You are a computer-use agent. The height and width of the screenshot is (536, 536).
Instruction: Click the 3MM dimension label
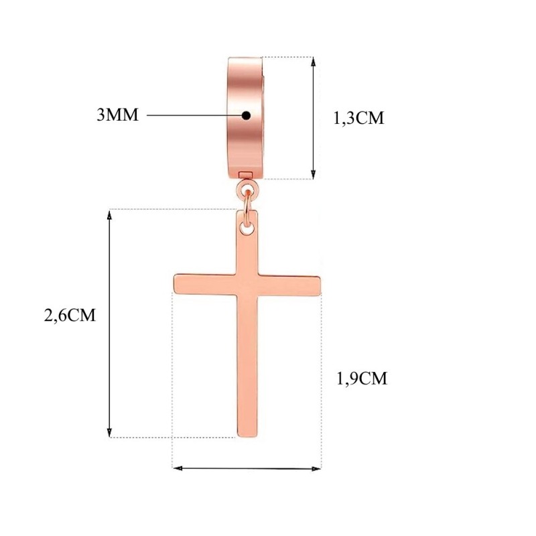coord(118,115)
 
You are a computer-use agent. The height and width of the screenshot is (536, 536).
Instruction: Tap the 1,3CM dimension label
coord(358,119)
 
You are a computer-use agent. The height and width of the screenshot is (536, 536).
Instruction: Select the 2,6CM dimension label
coord(70,315)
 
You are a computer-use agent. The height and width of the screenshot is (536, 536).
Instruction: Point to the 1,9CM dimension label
coord(362,379)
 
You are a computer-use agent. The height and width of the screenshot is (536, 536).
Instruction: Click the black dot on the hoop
coord(246,115)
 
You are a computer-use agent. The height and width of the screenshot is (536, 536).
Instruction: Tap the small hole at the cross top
coord(247,228)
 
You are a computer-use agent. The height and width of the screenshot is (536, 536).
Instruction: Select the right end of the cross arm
coord(320,285)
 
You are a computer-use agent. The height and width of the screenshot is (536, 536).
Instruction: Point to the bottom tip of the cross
coord(247,436)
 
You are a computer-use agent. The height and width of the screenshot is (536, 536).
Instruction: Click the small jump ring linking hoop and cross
coord(247,204)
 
